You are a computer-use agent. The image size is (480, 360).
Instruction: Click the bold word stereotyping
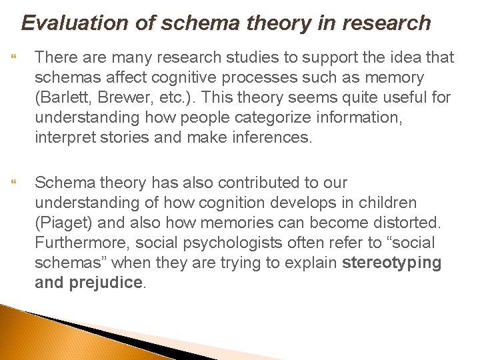pyautogui.click(x=392, y=262)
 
